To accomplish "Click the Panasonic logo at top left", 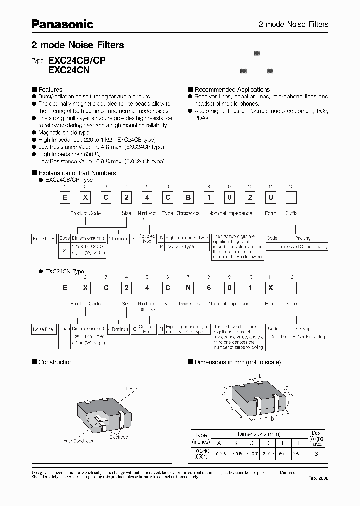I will point(62,24).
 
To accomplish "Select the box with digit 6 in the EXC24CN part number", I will point(206,288).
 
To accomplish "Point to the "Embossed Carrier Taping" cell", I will point(303,246).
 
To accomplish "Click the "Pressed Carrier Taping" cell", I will point(303,337).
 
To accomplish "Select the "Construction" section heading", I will point(55,362).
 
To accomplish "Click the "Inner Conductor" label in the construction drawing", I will point(78,441).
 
